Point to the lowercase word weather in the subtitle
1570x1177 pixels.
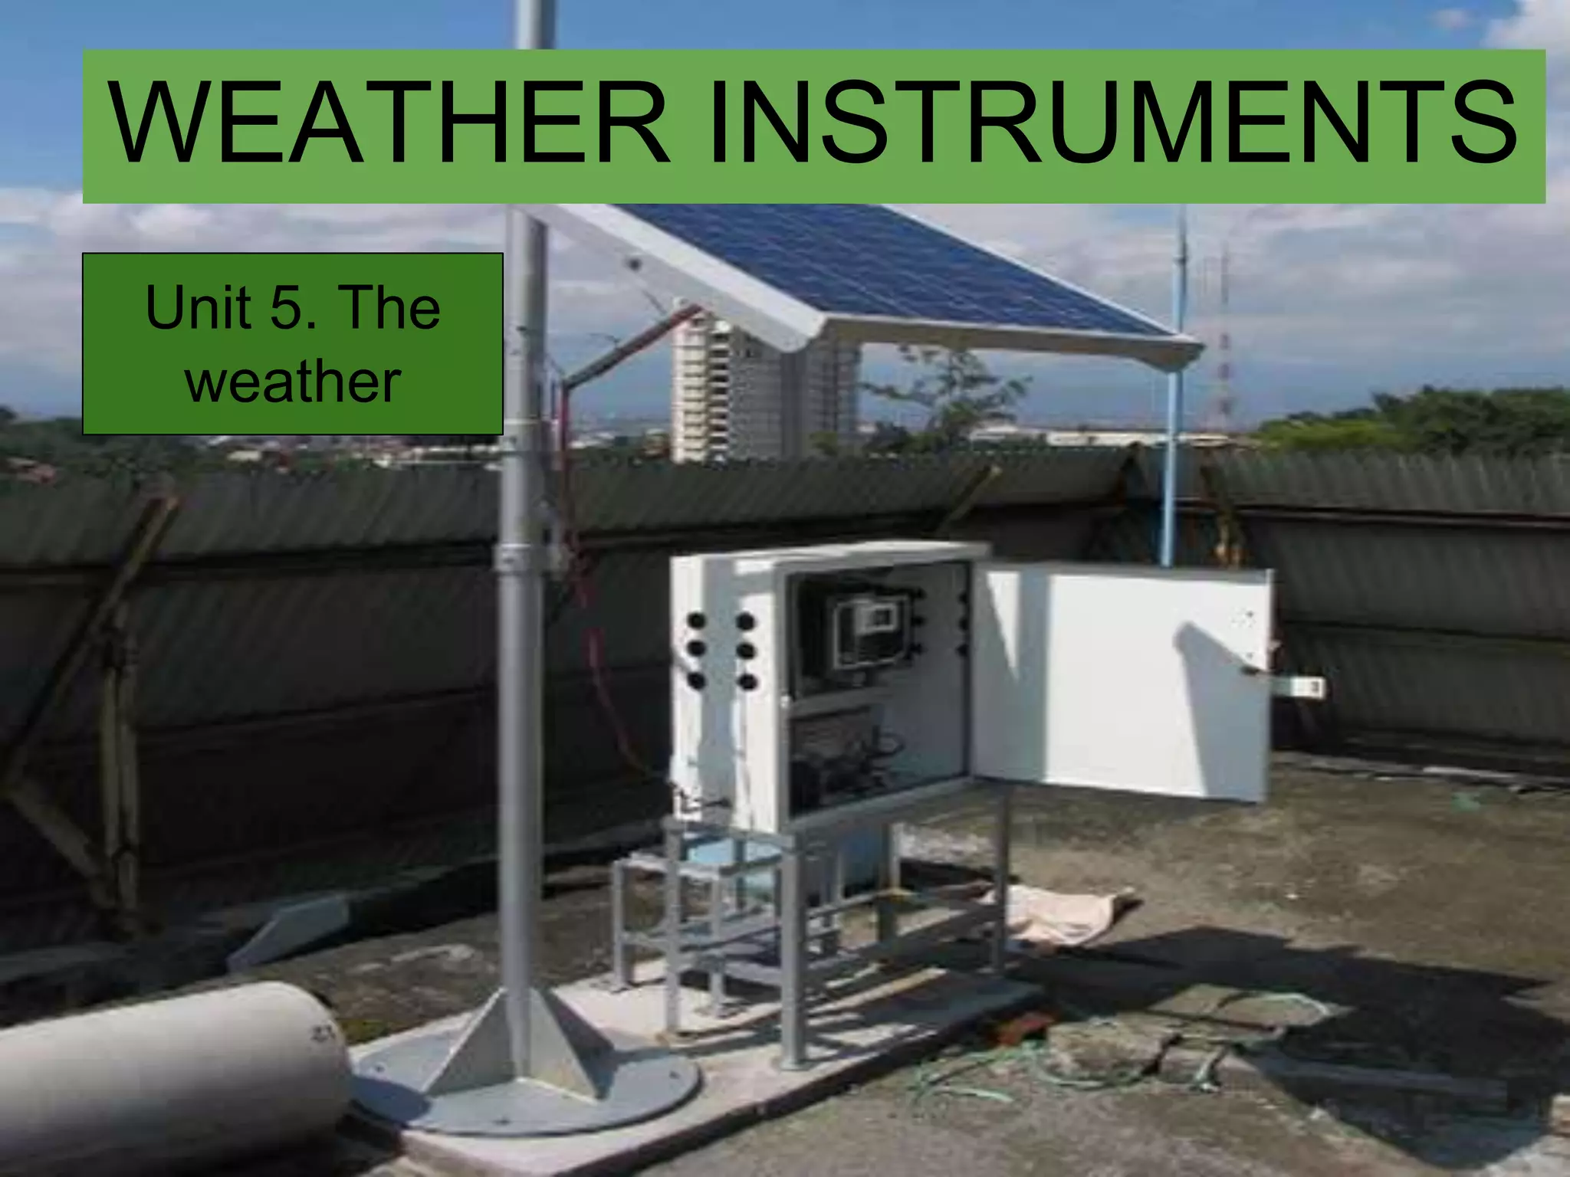tap(293, 381)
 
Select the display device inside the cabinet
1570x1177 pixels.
tap(870, 632)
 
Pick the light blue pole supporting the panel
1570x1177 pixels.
tap(1171, 460)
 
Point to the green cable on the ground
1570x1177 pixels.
tap(997, 1073)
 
